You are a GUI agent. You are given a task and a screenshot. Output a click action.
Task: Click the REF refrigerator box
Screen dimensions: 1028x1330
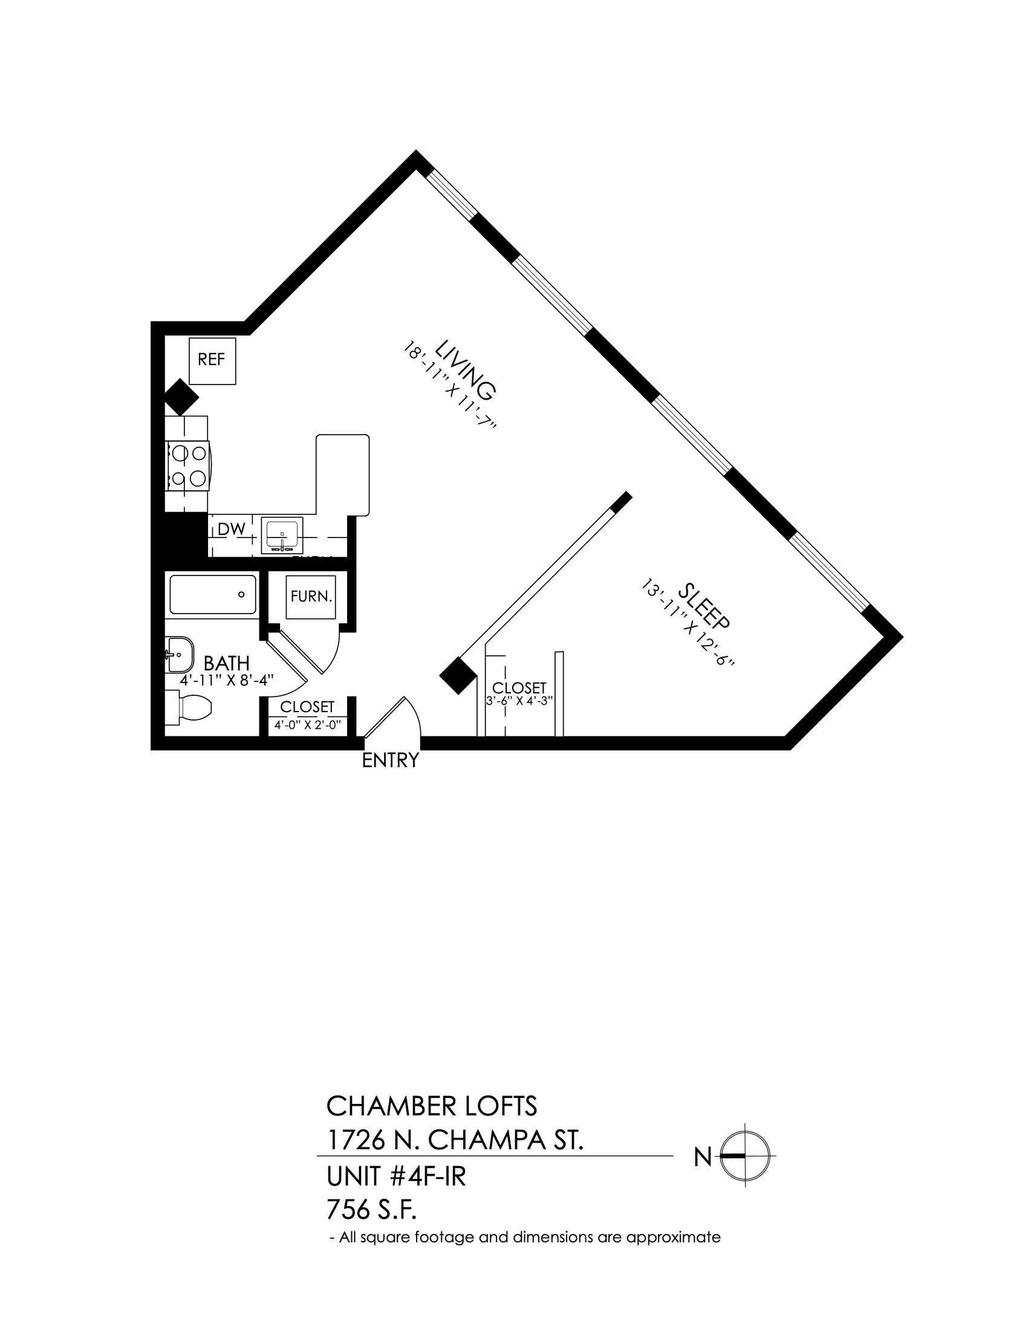tap(212, 360)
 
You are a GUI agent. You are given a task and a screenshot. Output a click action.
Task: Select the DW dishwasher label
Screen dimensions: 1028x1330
tap(232, 529)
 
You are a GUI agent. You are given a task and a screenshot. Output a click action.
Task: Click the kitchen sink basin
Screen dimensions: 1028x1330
tap(282, 535)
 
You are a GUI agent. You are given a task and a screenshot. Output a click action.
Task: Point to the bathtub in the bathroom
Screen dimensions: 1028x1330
tap(212, 594)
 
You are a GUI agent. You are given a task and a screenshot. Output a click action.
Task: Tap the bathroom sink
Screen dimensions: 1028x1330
tap(179, 655)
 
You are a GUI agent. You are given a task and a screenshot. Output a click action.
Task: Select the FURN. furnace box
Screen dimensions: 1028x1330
tap(311, 597)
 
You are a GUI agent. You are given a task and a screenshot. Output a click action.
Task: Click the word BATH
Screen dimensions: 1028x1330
tap(227, 663)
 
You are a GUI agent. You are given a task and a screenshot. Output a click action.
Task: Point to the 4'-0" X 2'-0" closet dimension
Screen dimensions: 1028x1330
tap(307, 725)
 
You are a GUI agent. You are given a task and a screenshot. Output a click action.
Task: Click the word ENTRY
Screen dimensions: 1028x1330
tap(391, 761)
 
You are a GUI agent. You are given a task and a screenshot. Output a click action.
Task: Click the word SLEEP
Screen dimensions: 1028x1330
tap(703, 606)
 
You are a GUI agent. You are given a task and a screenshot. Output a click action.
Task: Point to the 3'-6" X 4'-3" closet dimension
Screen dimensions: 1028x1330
tap(519, 700)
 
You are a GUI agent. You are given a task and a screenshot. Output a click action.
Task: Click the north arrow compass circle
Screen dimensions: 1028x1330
tap(745, 1156)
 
